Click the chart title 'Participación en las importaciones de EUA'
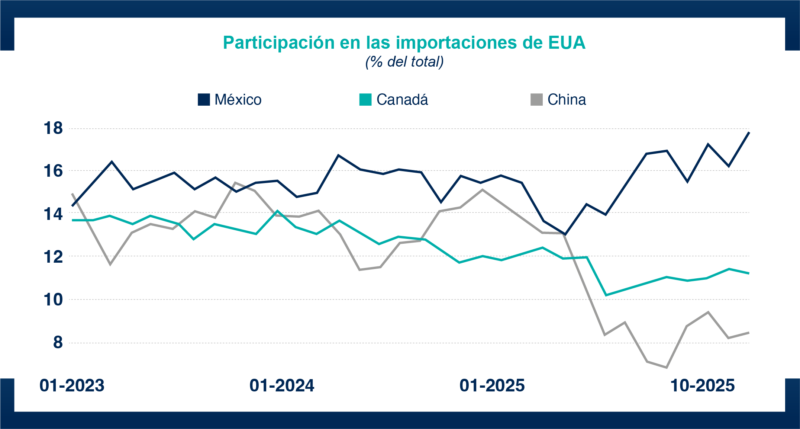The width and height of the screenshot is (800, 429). point(404,43)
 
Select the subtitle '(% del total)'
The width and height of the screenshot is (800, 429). point(404,62)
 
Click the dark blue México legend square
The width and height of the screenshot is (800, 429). point(204,100)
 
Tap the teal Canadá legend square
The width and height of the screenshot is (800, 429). point(365,100)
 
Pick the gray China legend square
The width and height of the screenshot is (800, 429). point(536,100)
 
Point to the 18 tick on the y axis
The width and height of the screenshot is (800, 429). point(54,128)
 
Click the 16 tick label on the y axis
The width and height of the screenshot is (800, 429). point(54,171)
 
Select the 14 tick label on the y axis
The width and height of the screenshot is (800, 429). point(54,214)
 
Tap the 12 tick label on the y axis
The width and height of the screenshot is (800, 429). point(54,257)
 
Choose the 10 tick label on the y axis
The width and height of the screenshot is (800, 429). point(54,300)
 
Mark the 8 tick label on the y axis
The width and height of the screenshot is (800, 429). point(58,343)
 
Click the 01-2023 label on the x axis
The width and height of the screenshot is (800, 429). point(72,385)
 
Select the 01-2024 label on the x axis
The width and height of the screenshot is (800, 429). point(282,385)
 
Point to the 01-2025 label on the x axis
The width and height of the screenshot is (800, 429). point(492,385)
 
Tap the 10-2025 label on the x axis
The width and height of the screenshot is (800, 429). point(702,385)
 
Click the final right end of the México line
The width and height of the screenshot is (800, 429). point(749,132)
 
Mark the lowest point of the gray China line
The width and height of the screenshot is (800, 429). point(667,368)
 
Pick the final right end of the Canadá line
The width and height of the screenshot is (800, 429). point(749,273)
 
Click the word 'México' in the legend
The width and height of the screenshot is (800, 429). point(238,100)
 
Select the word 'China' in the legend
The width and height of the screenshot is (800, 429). point(567,100)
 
